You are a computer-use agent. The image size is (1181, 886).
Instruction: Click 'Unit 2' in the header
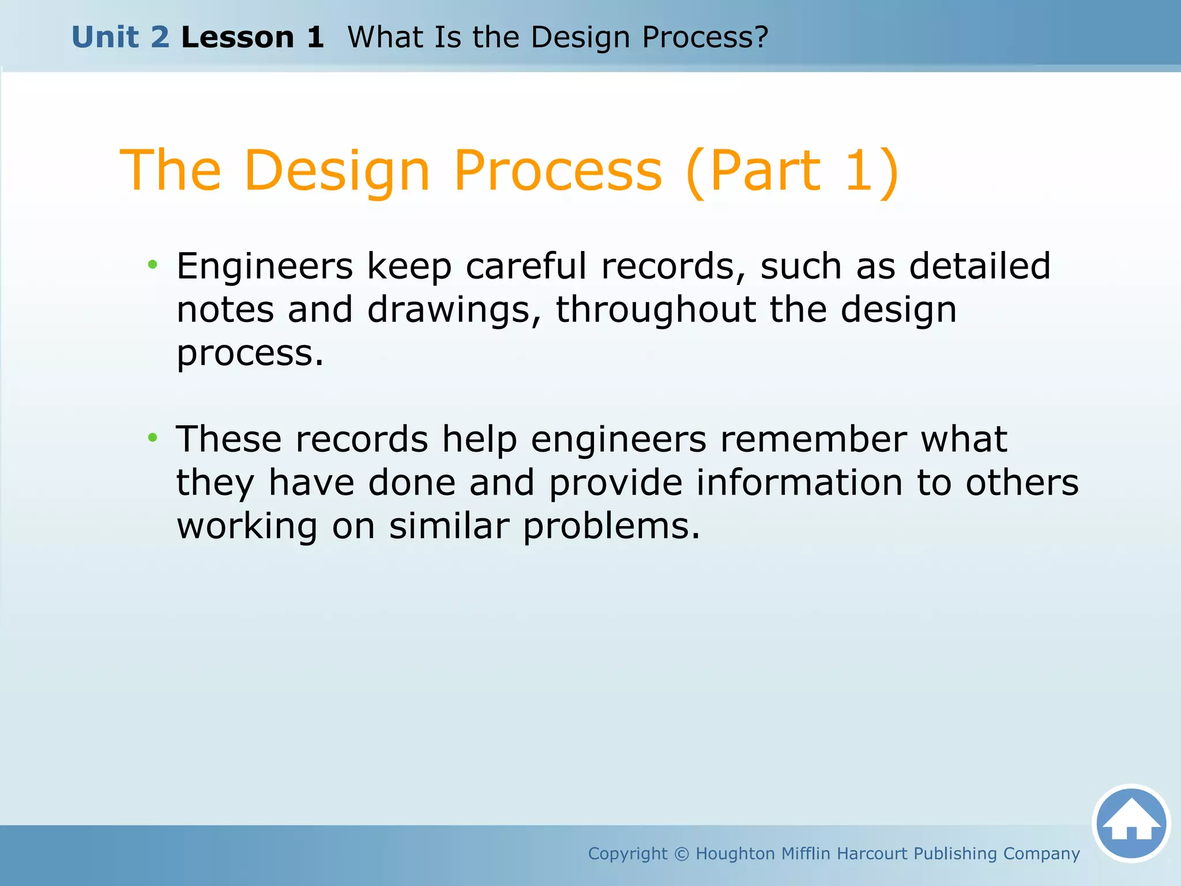[x=121, y=37]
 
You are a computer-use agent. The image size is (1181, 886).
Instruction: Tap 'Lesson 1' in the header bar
[x=252, y=37]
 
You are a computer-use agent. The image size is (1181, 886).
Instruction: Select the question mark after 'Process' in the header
[x=762, y=37]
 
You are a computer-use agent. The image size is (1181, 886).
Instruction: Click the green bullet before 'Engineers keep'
[x=152, y=265]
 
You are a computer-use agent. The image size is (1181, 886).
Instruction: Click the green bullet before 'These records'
[x=152, y=438]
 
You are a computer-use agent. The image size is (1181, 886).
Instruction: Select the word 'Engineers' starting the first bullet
[x=265, y=266]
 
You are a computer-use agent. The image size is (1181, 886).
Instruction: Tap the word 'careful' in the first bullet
[x=526, y=266]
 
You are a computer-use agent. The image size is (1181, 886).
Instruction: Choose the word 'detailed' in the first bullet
[x=980, y=266]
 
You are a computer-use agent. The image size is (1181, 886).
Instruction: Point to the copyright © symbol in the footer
[x=682, y=854]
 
